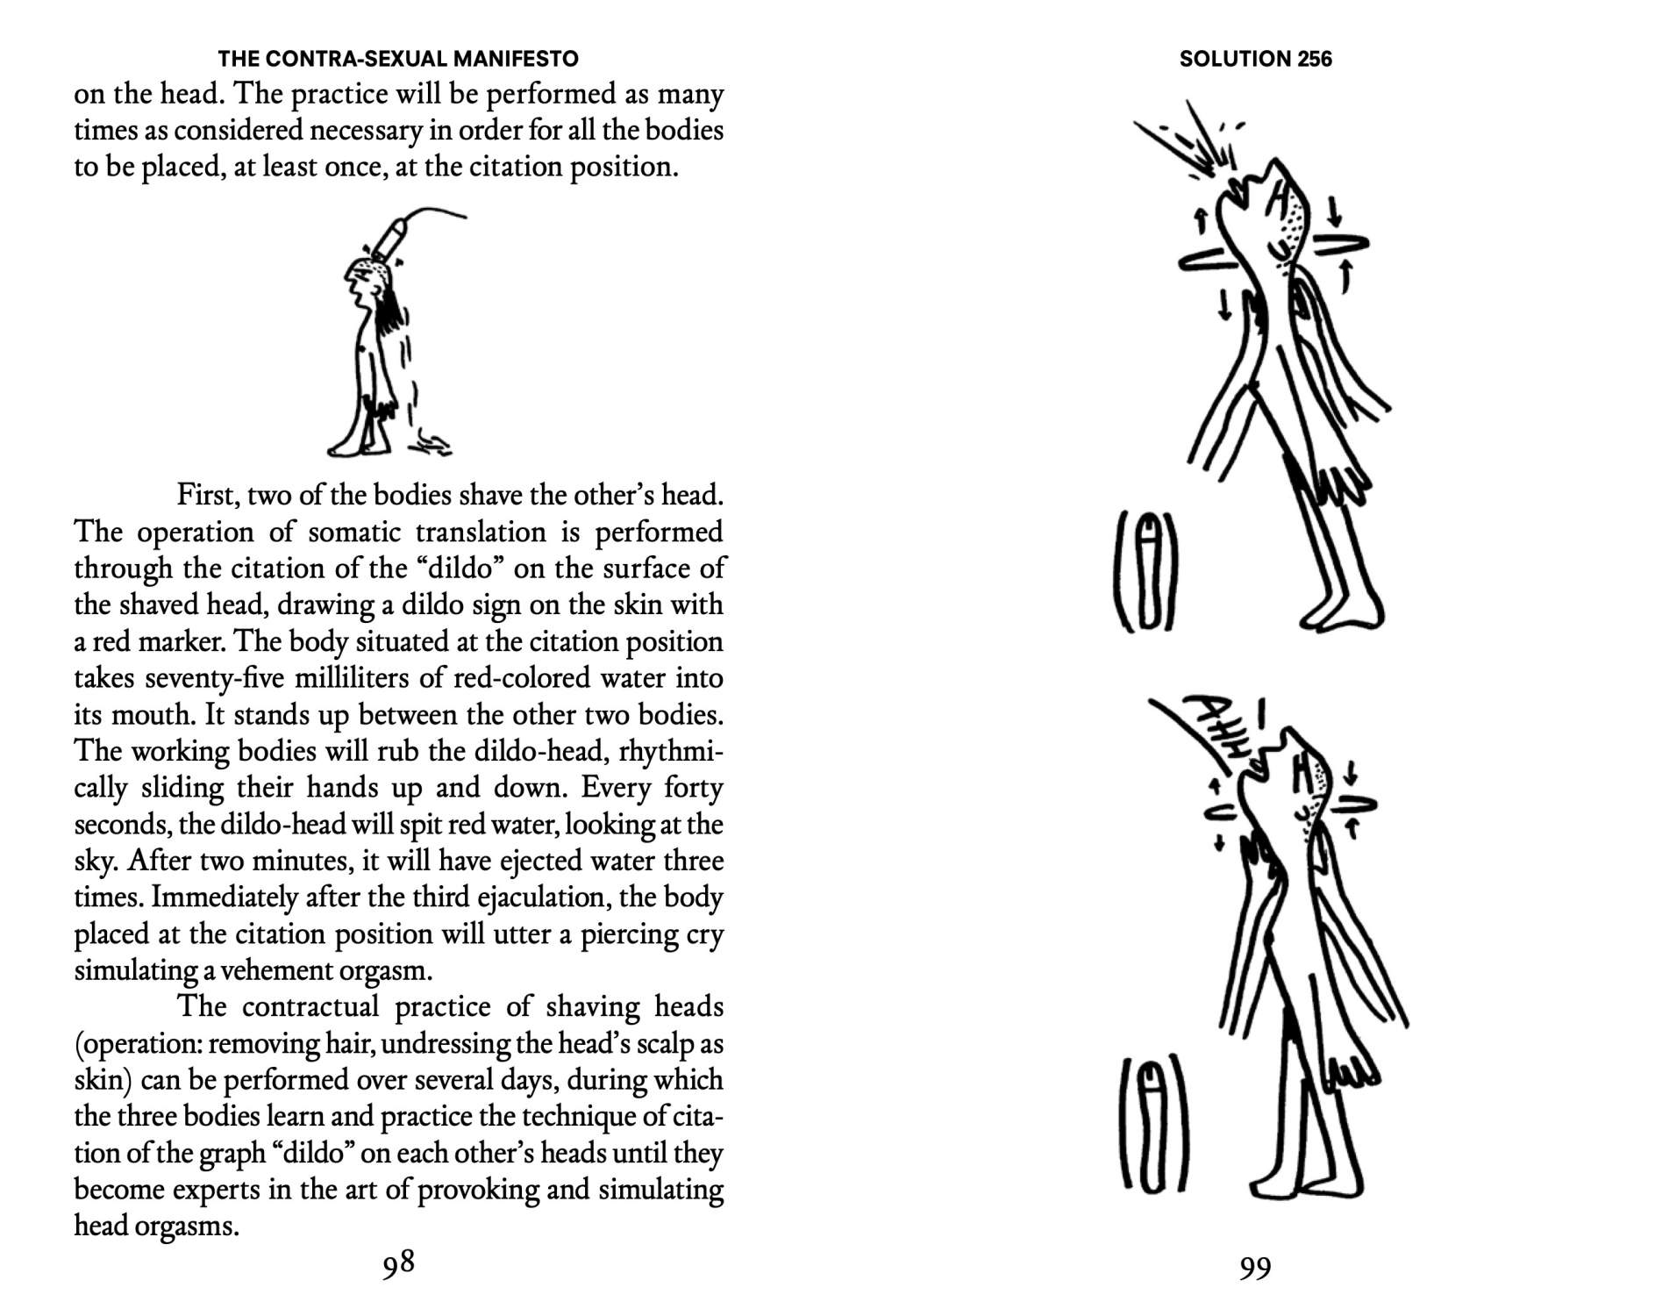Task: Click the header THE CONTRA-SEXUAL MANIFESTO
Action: [x=398, y=59]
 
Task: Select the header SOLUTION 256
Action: [x=1255, y=59]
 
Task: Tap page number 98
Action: [x=398, y=1263]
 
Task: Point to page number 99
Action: [x=1254, y=1268]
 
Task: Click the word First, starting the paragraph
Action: [x=208, y=496]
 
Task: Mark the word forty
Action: [x=693, y=788]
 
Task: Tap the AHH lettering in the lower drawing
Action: [x=1215, y=733]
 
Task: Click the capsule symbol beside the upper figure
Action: [x=1145, y=570]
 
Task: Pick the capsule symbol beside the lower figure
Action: [x=1154, y=1125]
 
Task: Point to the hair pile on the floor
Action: [x=432, y=443]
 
